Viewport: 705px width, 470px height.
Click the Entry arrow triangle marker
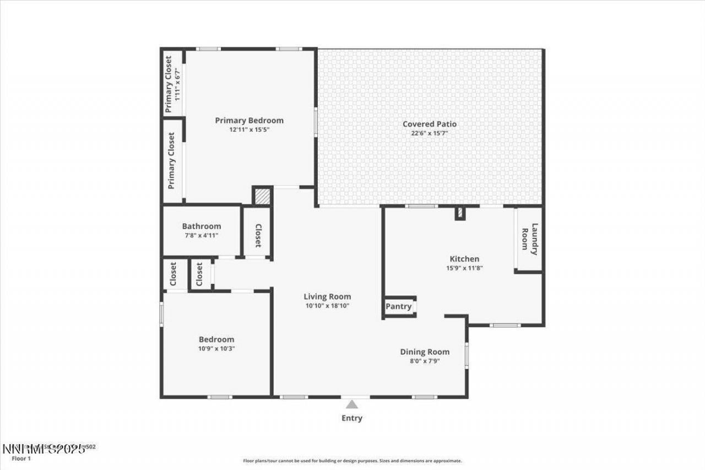pos(351,404)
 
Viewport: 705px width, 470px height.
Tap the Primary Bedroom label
pos(249,121)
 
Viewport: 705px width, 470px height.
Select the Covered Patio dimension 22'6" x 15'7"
pos(429,133)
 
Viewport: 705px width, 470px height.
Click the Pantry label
pos(398,306)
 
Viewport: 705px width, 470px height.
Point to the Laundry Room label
pos(529,241)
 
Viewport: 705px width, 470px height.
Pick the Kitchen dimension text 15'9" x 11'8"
pos(464,268)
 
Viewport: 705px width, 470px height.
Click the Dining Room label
pos(424,352)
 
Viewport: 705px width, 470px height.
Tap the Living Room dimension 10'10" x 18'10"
pos(328,306)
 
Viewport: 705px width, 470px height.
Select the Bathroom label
pos(202,226)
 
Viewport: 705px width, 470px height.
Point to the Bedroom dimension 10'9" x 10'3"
pos(216,349)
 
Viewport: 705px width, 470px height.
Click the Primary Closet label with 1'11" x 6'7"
pos(172,84)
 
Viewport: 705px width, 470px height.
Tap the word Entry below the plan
pos(351,418)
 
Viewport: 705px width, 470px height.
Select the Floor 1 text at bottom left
pos(22,458)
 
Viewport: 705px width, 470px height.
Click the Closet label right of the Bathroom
pos(257,236)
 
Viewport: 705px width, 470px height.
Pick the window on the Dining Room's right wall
pos(467,355)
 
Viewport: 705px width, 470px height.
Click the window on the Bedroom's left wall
pos(161,315)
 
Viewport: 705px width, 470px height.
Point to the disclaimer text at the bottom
pos(352,461)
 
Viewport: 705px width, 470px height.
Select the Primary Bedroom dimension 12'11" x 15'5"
pos(249,130)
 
